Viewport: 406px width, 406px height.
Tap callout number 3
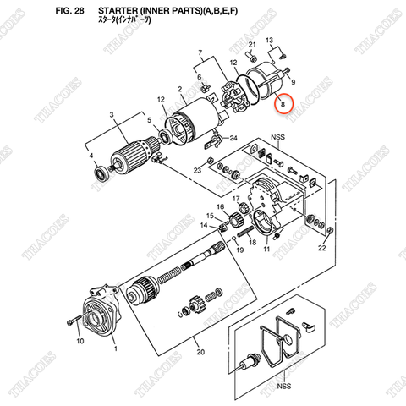coord(111,114)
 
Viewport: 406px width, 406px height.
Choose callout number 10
coord(80,342)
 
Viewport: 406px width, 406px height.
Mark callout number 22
coord(321,249)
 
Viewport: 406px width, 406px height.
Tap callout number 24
coord(234,139)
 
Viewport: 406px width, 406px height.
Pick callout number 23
coord(196,171)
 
